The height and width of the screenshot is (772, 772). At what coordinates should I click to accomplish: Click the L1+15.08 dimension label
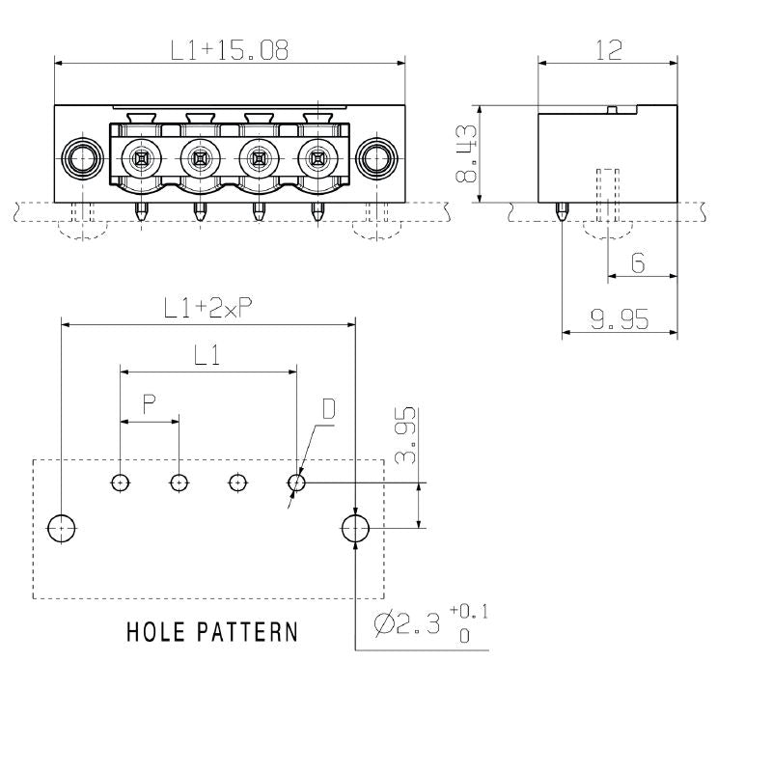click(x=230, y=51)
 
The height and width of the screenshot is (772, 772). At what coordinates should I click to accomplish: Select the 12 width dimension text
click(x=608, y=51)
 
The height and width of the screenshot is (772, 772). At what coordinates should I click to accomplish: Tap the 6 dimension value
click(x=638, y=262)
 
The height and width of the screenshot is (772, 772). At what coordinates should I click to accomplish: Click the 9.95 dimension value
click(x=619, y=319)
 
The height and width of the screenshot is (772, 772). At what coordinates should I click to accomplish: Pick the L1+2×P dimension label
click(x=207, y=308)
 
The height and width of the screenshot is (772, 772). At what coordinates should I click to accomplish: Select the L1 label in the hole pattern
click(x=207, y=356)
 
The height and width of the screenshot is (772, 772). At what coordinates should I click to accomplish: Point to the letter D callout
click(x=328, y=410)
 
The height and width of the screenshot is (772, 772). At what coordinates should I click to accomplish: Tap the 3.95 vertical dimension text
click(x=406, y=435)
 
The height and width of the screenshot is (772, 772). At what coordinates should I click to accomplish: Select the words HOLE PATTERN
click(x=212, y=633)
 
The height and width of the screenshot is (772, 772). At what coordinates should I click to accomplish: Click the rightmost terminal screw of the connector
click(x=316, y=155)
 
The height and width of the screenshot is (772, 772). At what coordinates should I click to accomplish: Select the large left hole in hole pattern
click(x=63, y=528)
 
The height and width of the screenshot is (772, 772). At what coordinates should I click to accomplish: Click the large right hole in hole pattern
click(x=356, y=528)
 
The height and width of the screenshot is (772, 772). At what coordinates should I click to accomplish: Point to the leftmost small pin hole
click(x=120, y=482)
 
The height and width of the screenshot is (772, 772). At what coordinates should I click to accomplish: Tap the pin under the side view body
click(x=562, y=211)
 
